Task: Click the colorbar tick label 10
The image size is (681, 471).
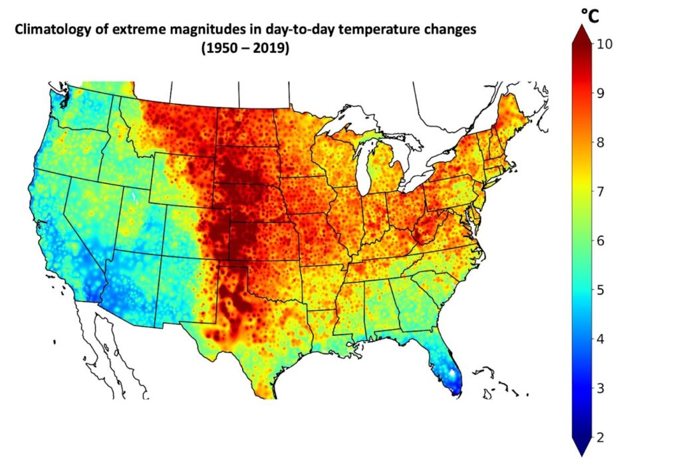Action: (605, 44)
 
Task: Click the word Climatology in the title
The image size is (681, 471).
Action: (51, 31)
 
